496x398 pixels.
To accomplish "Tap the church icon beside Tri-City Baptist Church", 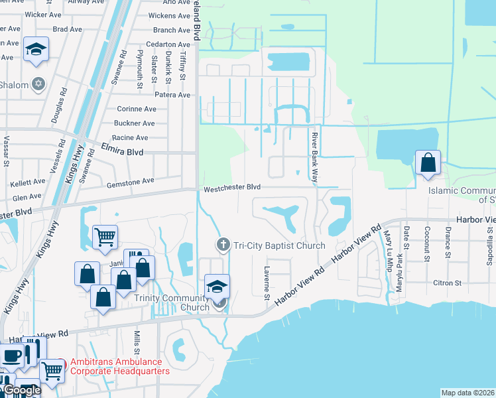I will click(223, 245).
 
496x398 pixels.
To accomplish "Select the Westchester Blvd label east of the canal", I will click(232, 188).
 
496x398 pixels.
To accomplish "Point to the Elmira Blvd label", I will click(123, 151).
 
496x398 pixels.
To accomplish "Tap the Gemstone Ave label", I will click(129, 180).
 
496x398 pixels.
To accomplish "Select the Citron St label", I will click(447, 283).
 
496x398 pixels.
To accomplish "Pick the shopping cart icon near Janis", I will click(105, 235).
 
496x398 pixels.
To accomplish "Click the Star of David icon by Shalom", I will click(38, 84).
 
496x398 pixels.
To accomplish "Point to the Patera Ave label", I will click(173, 95).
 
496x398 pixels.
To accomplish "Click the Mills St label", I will click(138, 343).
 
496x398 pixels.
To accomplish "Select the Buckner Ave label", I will click(134, 123).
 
